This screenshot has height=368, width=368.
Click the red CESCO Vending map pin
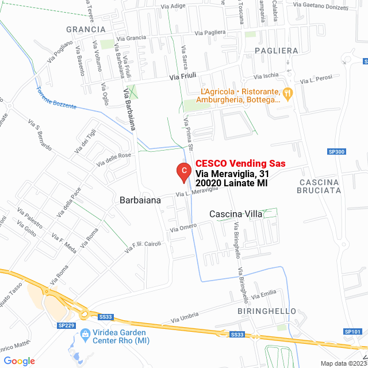point(183,171)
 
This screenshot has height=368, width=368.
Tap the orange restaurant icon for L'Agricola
point(288,92)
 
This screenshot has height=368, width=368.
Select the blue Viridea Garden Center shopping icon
point(85,333)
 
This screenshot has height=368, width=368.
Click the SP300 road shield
point(336,152)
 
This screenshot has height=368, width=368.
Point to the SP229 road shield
point(66,325)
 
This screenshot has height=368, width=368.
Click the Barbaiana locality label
point(140,200)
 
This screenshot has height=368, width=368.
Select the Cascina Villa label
point(235,214)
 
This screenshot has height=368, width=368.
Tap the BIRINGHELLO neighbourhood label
point(267,311)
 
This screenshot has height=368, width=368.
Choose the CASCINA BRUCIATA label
point(320,186)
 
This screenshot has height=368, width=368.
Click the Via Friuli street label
point(183,77)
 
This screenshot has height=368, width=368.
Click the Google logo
point(20,361)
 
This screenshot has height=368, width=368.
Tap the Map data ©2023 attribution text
point(343,363)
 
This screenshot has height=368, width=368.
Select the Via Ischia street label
point(266,75)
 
